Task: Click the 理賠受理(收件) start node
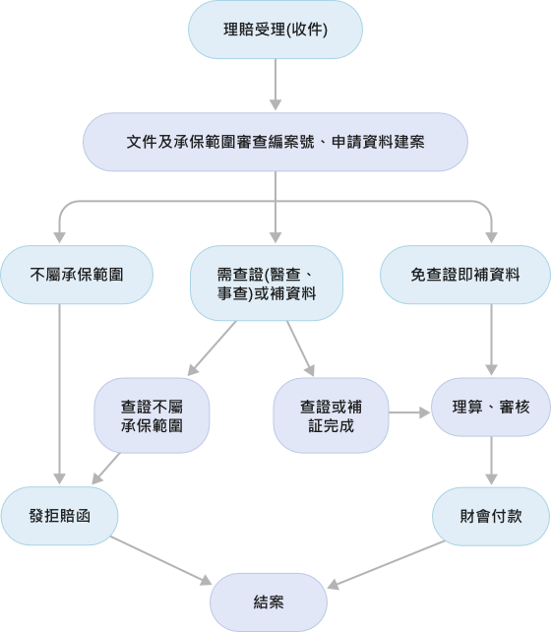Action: click(275, 32)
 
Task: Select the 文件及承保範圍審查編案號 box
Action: click(275, 143)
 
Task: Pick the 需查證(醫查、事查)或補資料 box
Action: click(267, 281)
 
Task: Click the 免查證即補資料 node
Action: click(464, 273)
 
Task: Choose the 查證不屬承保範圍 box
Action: click(153, 414)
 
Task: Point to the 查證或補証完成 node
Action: click(331, 414)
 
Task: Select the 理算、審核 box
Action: click(491, 407)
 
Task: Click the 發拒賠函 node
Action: click(60, 514)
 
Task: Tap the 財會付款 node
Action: click(491, 514)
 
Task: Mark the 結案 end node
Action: click(268, 601)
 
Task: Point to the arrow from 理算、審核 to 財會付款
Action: click(491, 461)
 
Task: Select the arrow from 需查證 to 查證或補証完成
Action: click(301, 347)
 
